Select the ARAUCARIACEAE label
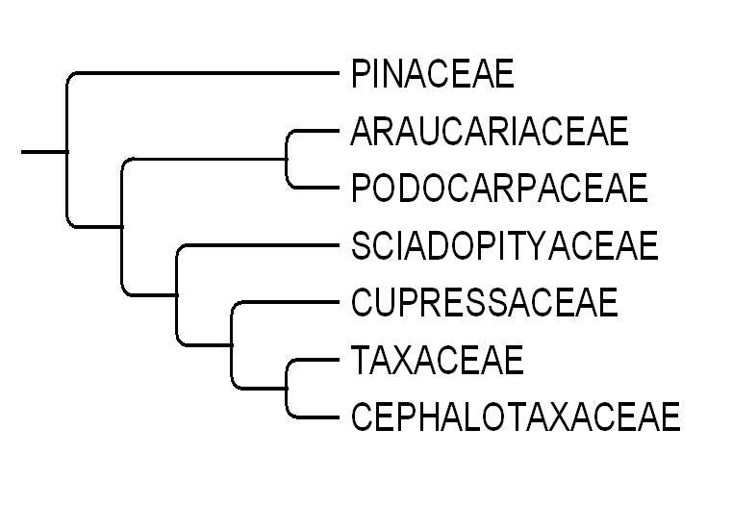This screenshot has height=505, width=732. pyautogui.click(x=490, y=131)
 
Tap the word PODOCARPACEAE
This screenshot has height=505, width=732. pyautogui.click(x=499, y=189)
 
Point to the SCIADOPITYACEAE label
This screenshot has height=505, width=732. pyautogui.click(x=504, y=246)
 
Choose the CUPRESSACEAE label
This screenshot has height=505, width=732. pyautogui.click(x=484, y=303)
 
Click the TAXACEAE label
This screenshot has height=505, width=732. pyautogui.click(x=437, y=361)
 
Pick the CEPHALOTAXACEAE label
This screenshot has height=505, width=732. pyautogui.click(x=515, y=417)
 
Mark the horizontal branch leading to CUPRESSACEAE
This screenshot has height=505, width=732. pyautogui.click(x=287, y=303)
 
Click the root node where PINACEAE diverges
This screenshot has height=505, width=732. pyautogui.click(x=66, y=151)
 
